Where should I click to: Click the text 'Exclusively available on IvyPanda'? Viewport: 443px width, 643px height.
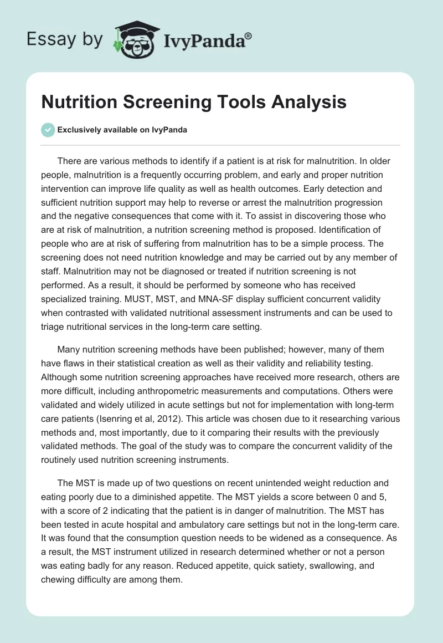[122, 130]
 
